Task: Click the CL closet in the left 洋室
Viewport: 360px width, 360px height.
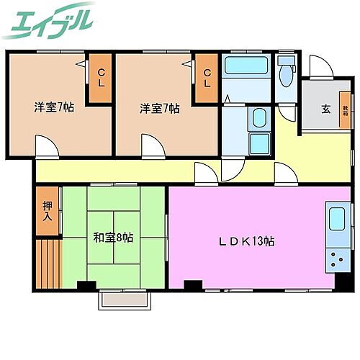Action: coord(101,78)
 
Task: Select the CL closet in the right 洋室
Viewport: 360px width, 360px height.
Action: coord(207,78)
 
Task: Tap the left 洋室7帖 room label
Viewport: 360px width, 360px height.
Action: coord(53,108)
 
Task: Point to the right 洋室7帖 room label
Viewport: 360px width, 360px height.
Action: coord(159,108)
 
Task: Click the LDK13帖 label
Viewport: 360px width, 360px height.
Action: coord(247,242)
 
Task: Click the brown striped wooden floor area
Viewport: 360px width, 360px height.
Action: coord(48,262)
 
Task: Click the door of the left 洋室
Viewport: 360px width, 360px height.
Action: coord(48,148)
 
